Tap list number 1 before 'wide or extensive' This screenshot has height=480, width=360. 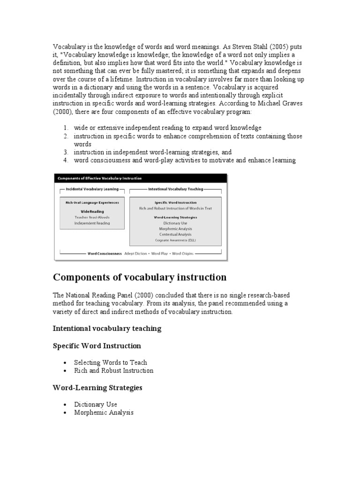pyautogui.click(x=66, y=128)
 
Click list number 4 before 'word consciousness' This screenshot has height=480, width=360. pyautogui.click(x=66, y=160)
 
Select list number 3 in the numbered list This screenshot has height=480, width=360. pyautogui.click(x=66, y=152)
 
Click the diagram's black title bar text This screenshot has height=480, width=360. pyautogui.click(x=99, y=178)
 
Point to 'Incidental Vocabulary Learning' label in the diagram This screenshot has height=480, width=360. pyautogui.click(x=92, y=189)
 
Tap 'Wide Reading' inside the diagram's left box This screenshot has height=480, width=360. pyautogui.click(x=92, y=211)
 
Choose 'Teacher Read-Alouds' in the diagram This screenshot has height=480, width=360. pyautogui.click(x=92, y=217)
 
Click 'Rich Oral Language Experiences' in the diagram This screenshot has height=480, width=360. pyautogui.click(x=92, y=202)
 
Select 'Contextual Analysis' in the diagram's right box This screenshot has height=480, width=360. pyautogui.click(x=175, y=234)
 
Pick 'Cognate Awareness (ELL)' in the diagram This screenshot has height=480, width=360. pyautogui.click(x=175, y=240)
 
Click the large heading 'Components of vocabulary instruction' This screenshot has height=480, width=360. pyautogui.click(x=140, y=277)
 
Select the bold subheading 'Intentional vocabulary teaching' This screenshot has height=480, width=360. pyautogui.click(x=107, y=329)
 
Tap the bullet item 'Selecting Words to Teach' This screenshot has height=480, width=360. pyautogui.click(x=110, y=362)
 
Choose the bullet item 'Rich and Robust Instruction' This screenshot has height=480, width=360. pyautogui.click(x=113, y=370)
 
